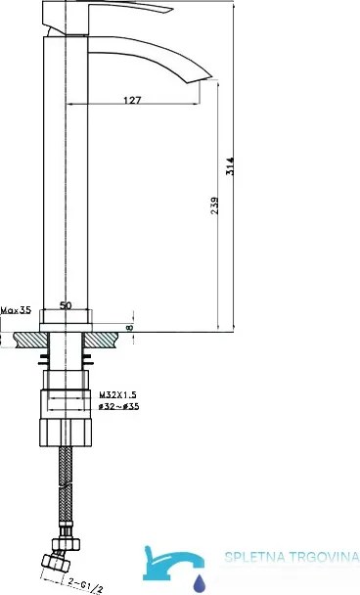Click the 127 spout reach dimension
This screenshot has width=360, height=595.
point(132,100)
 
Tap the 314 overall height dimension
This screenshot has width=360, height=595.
point(230,166)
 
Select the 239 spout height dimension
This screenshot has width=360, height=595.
point(214,206)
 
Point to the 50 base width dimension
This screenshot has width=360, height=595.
point(66,305)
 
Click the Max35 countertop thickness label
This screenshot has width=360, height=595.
point(16,310)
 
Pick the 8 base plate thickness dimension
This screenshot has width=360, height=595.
point(130,327)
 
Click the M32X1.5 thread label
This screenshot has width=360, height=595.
point(118,394)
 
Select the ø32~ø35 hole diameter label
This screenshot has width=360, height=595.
point(118,406)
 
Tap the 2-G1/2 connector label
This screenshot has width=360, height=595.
point(86,584)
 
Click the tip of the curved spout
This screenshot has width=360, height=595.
point(211,77)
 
